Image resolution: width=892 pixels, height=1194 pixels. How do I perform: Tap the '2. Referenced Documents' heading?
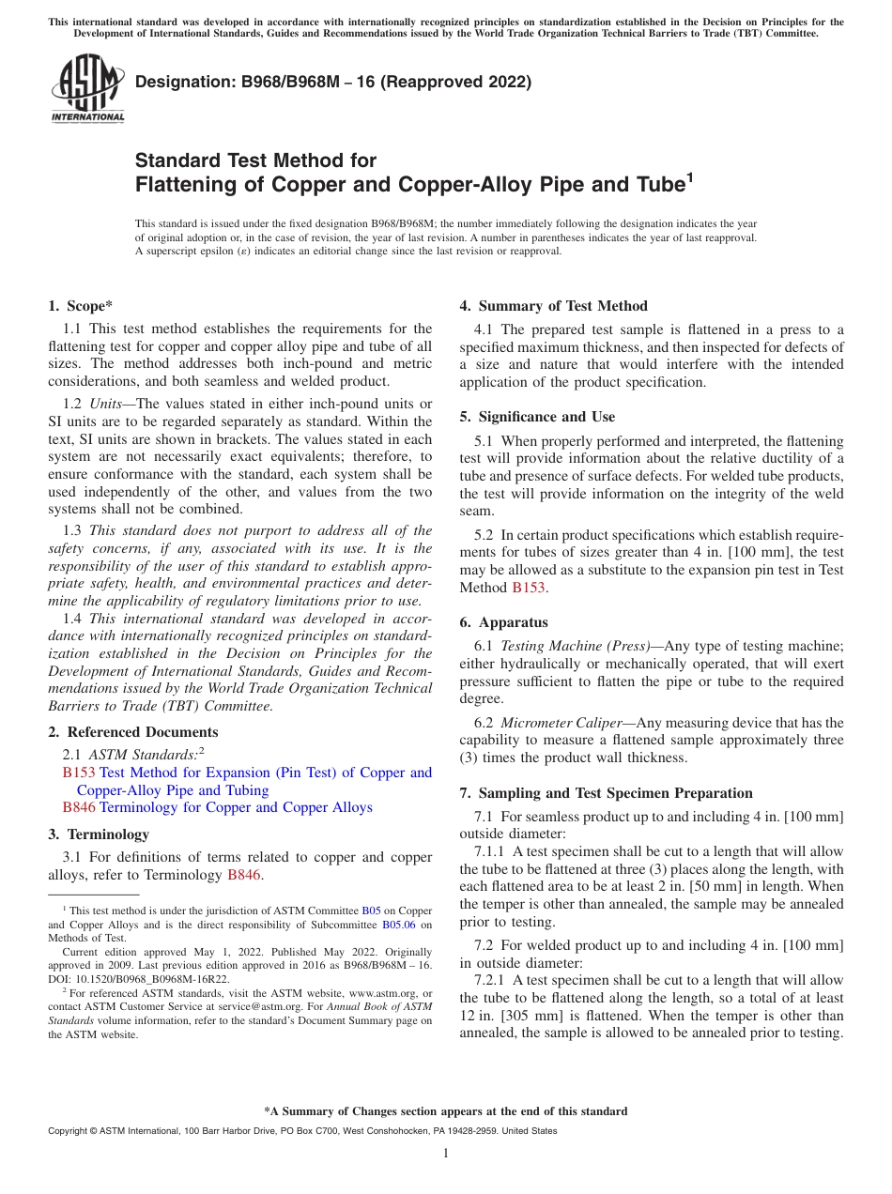pyautogui.click(x=133, y=732)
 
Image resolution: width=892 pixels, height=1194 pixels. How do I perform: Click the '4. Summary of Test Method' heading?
pyautogui.click(x=553, y=306)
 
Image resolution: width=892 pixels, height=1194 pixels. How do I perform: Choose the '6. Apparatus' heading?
pyautogui.click(x=503, y=622)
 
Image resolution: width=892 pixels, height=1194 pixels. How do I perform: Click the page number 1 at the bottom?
pyautogui.click(x=446, y=1154)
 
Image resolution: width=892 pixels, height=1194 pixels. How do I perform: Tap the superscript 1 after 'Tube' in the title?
pyautogui.click(x=689, y=176)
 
